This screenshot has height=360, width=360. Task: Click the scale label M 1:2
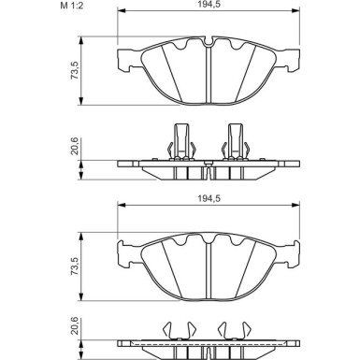pyautogui.click(x=72, y=5)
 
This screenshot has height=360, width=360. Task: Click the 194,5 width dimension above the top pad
pyautogui.click(x=209, y=4)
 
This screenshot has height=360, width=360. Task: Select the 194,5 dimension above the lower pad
pyautogui.click(x=209, y=198)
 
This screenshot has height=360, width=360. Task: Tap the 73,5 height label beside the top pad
pyautogui.click(x=75, y=70)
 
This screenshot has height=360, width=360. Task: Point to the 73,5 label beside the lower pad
pyautogui.click(x=75, y=266)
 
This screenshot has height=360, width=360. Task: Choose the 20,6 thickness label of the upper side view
pyautogui.click(x=75, y=146)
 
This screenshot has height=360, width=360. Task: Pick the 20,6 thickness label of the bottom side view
pyautogui.click(x=75, y=326)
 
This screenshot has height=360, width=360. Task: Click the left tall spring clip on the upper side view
pyautogui.click(x=181, y=142)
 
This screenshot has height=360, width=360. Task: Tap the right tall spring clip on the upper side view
pyautogui.click(x=236, y=142)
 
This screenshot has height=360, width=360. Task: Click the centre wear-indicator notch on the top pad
pyautogui.click(x=209, y=42)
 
